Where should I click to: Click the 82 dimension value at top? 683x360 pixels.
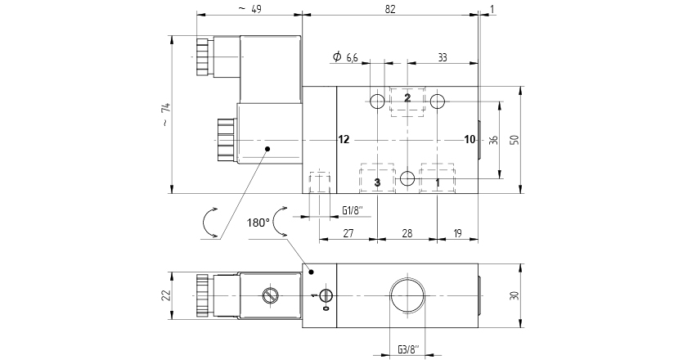coord(390,9)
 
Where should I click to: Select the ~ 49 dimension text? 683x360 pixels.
coord(250,9)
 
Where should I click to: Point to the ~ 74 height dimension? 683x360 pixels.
coord(166,115)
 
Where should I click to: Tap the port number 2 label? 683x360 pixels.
coord(407,97)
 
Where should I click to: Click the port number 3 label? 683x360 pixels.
coord(377,182)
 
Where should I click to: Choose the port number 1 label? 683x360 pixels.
coord(438,182)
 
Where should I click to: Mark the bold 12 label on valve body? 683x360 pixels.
coord(344,139)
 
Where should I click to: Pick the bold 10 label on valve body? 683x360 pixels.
coord(470,139)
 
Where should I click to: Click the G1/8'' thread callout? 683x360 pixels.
coord(353,211)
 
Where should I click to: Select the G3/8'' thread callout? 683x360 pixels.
coord(408,349)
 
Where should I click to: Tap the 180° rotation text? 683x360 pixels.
coord(258,223)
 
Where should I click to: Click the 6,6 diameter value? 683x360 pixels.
coord(352,57)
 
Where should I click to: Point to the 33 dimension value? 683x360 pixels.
coord(443,57)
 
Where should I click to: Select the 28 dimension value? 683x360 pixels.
coord(407,233)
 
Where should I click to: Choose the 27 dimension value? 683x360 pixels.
coord(348,233)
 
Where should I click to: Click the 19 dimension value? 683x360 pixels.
coord(457,233)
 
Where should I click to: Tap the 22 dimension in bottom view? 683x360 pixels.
coord(166,295)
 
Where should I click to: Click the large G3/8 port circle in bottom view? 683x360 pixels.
coord(407,296)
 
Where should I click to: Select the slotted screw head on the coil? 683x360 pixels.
coord(270,295)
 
